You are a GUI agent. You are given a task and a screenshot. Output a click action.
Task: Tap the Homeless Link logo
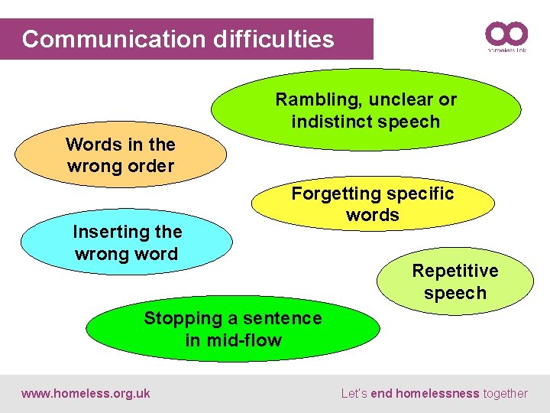(506, 37)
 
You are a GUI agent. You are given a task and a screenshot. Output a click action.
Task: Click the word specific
(417, 193)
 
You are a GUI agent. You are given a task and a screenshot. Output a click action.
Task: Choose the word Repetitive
(455, 271)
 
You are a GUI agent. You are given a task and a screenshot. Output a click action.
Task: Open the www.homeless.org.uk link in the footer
(86, 394)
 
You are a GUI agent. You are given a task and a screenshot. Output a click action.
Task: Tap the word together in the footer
(506, 394)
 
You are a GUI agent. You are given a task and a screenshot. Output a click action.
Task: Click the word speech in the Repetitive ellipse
(455, 293)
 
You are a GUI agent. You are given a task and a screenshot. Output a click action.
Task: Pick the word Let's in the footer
(354, 394)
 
